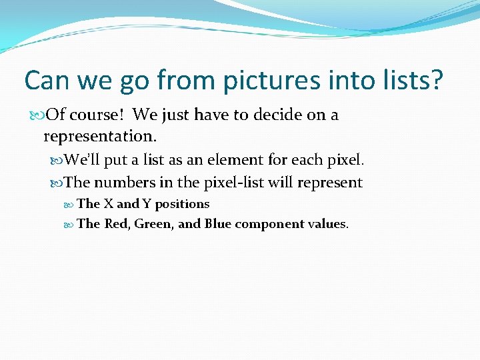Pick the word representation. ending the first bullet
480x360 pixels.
(100, 137)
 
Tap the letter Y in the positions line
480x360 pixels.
(146, 204)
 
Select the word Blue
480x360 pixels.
(218, 224)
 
